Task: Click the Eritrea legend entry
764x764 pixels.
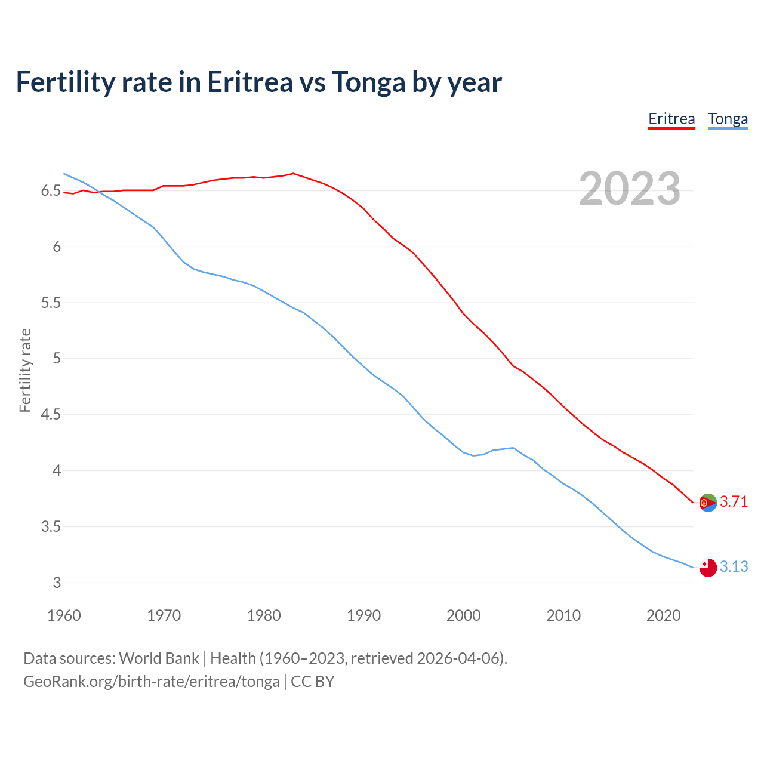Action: tap(671, 119)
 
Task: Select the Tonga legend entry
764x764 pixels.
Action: tap(728, 119)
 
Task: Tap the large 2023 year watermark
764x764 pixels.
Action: tap(629, 189)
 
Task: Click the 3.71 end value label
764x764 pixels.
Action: tap(734, 501)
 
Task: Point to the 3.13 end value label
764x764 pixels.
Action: tap(734, 566)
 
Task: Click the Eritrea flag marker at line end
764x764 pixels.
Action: tap(707, 503)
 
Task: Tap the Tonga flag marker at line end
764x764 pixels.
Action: tap(707, 568)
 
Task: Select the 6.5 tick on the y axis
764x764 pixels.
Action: tap(51, 191)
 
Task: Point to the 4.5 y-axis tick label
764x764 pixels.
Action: tap(51, 415)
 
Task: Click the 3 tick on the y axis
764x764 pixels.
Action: tap(57, 583)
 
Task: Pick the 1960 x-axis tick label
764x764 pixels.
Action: tap(64, 615)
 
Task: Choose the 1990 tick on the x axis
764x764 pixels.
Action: tap(363, 615)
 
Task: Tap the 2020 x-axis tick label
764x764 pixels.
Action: tap(663, 615)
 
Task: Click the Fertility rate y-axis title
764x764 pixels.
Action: tap(25, 370)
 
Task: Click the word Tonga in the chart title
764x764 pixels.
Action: tap(368, 82)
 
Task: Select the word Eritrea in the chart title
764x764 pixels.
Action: tap(249, 82)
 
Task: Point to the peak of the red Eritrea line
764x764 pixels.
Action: tap(292, 174)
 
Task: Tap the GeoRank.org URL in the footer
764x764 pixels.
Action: tap(151, 681)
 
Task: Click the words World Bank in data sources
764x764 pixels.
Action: tap(159, 658)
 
